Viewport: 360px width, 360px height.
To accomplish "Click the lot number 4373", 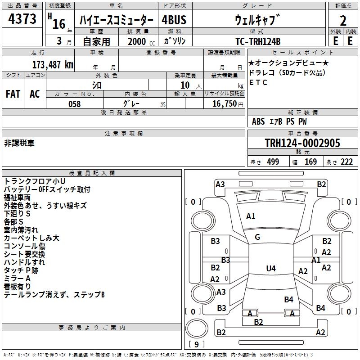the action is pyautogui.click(x=22, y=19).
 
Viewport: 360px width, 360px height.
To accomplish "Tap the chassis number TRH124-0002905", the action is pyautogui.click(x=302, y=143).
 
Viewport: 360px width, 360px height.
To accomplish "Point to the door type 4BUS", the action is pyautogui.click(x=174, y=20).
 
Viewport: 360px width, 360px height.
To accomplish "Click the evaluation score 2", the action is pyautogui.click(x=343, y=20).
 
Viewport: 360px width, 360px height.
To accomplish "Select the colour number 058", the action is pyautogui.click(x=74, y=104).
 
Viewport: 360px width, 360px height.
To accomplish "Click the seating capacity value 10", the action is pyautogui.click(x=184, y=85).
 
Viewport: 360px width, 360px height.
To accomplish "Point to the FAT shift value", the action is pyautogui.click(x=13, y=94).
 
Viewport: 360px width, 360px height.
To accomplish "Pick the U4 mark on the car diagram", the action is pyautogui.click(x=270, y=269).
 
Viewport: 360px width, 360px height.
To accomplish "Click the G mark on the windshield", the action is pyautogui.click(x=257, y=237).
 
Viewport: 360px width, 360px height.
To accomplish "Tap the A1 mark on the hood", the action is pyautogui.click(x=251, y=216).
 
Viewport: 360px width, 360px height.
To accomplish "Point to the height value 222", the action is pyautogui.click(x=346, y=162).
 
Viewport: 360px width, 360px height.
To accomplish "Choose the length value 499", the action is pyautogui.click(x=273, y=162).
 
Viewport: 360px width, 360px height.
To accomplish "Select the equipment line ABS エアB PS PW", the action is pyautogui.click(x=280, y=121).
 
